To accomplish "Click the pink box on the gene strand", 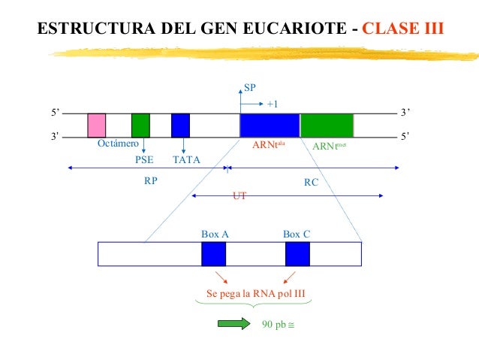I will tap(96, 125).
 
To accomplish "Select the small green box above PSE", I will tap(140, 125).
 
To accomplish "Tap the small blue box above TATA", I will tap(180, 125).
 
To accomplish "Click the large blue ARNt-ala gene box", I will tap(269, 125).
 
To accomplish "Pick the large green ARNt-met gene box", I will tap(327, 125).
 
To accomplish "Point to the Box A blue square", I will tap(213, 254).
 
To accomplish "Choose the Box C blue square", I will tap(297, 254).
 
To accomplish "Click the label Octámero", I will tap(118, 144).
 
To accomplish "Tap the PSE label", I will tap(143, 159).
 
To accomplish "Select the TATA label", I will tap(186, 159).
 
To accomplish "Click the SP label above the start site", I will tap(251, 87).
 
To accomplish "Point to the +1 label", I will tap(273, 104).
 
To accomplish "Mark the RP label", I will tap(151, 181).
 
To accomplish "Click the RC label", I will tap(311, 181).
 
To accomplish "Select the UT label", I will tap(239, 195).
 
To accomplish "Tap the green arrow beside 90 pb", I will tap(233, 324).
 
